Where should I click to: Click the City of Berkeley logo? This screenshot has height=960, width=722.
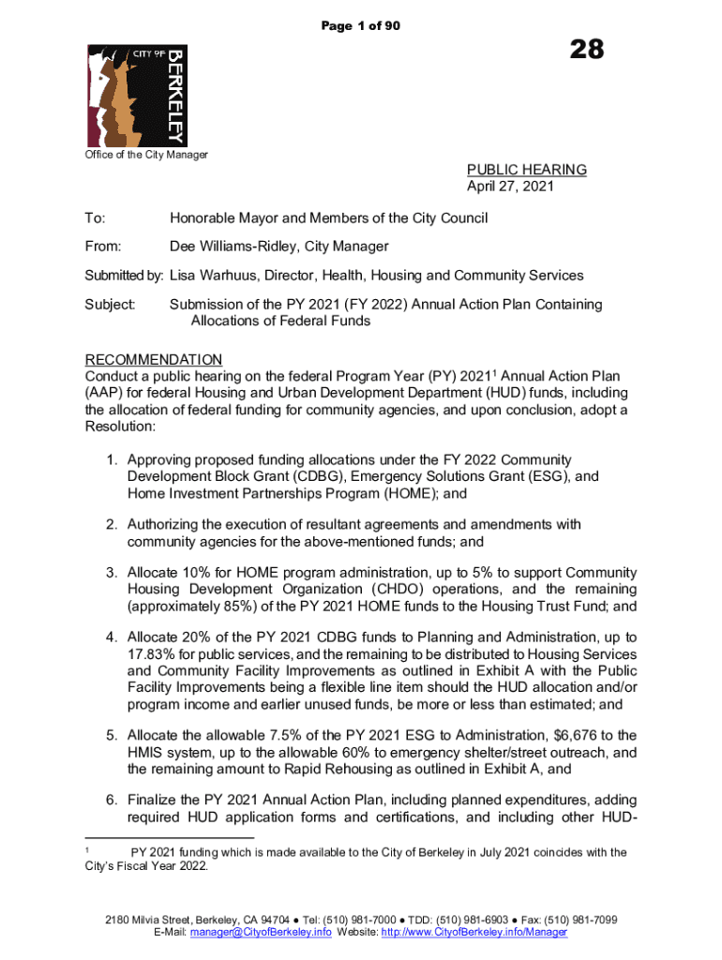pyautogui.click(x=136, y=94)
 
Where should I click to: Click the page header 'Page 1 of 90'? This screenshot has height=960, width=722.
pyautogui.click(x=360, y=26)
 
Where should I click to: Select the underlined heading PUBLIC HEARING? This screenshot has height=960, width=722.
pyautogui.click(x=527, y=170)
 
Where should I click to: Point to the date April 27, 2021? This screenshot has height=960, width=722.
pyautogui.click(x=511, y=187)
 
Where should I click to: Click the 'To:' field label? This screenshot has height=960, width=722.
pyautogui.click(x=95, y=218)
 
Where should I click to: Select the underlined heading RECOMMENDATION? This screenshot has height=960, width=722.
pyautogui.click(x=154, y=360)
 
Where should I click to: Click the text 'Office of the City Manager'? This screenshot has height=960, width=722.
pyautogui.click(x=146, y=155)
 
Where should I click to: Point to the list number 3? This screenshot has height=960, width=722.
pyautogui.click(x=111, y=573)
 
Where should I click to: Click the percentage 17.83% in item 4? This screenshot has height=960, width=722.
pyautogui.click(x=156, y=653)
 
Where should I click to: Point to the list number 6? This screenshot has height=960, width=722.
pyautogui.click(x=111, y=800)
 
